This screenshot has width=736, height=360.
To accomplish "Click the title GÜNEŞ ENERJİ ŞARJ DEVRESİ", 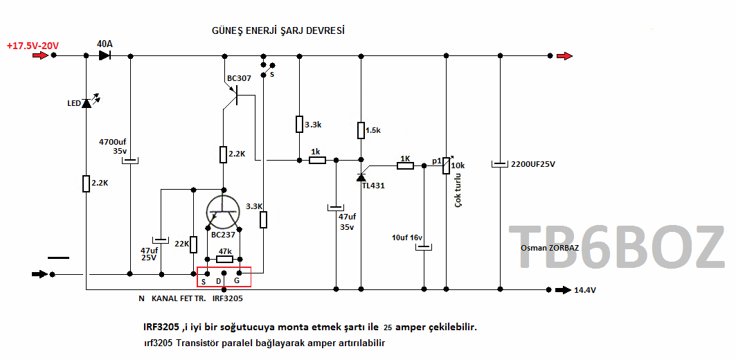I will pyautogui.click(x=278, y=31).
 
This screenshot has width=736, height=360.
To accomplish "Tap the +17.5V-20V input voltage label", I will pyautogui.click(x=33, y=46).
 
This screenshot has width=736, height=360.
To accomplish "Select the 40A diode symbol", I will pyautogui.click(x=105, y=55).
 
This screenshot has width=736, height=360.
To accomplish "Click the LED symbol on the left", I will pyautogui.click(x=86, y=103).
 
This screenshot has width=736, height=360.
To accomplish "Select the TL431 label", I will pyautogui.click(x=373, y=186).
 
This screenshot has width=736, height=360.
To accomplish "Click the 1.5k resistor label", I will pyautogui.click(x=373, y=130).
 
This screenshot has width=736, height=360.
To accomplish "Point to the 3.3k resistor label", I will pyautogui.click(x=313, y=125).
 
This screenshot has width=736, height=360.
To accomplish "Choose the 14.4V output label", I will pyautogui.click(x=586, y=290).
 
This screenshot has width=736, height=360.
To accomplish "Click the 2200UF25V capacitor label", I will pyautogui.click(x=532, y=165).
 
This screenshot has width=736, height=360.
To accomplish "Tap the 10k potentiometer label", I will pyautogui.click(x=458, y=165).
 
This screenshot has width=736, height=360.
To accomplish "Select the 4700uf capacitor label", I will pyautogui.click(x=112, y=141).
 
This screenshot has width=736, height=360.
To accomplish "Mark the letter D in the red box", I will pyautogui.click(x=219, y=281).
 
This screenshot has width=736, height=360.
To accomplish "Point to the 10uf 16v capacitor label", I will pyautogui.click(x=407, y=237).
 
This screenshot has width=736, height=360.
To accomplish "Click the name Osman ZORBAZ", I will pyautogui.click(x=549, y=248).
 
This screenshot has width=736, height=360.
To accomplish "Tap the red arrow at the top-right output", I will pyautogui.click(x=565, y=56).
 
